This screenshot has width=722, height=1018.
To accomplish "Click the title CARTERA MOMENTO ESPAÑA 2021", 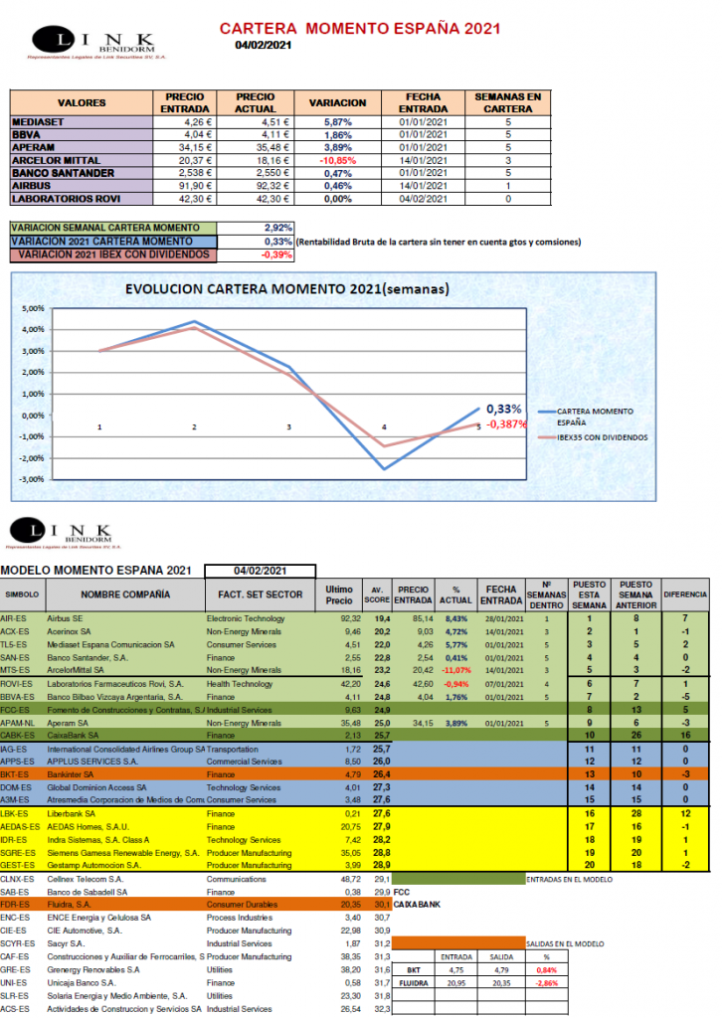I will [x=359, y=29].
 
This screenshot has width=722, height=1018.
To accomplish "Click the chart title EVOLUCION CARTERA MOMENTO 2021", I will [x=285, y=290].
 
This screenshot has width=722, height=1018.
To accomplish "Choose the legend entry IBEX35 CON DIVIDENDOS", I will [x=603, y=436].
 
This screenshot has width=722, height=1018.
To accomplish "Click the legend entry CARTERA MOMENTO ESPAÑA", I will [x=595, y=415].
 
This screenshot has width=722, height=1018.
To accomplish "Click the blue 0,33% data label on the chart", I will [x=504, y=409].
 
